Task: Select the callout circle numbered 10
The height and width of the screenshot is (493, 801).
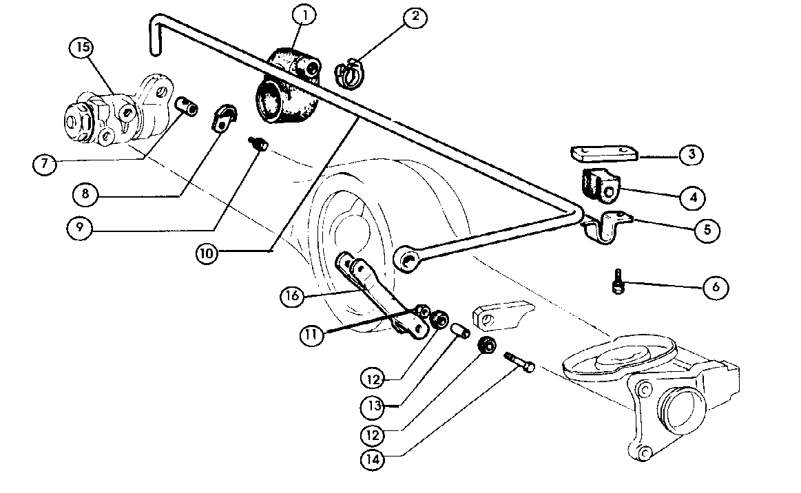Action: [207, 253]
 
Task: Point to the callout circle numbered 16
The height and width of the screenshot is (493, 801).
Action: [293, 296]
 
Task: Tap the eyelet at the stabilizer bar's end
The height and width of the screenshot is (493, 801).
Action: [407, 260]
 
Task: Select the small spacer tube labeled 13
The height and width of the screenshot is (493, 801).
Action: [461, 333]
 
